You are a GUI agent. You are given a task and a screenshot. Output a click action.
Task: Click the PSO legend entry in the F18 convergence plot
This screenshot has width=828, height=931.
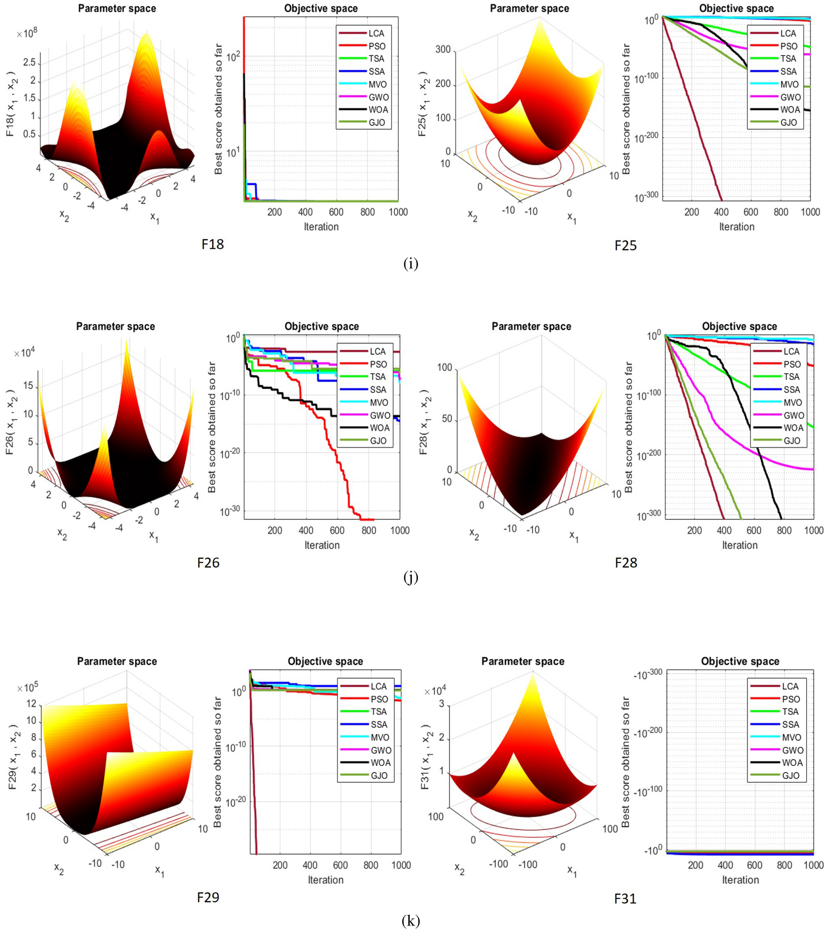click(x=377, y=46)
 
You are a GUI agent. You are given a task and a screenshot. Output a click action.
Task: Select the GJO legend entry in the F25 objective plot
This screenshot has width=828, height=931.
click(x=788, y=123)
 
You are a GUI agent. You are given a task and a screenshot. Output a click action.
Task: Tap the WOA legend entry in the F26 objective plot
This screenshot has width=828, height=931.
click(x=379, y=428)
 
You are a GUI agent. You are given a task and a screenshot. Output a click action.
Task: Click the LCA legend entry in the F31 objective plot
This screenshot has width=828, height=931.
click(x=790, y=686)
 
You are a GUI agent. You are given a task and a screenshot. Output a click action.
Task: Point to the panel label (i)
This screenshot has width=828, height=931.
click(x=410, y=264)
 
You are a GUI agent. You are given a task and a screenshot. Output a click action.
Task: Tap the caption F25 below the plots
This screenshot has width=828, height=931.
click(x=625, y=246)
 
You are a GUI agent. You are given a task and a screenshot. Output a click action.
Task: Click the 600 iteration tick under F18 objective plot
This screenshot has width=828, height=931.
click(x=336, y=212)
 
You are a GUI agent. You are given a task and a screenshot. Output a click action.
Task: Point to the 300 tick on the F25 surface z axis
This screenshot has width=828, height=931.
click(x=443, y=49)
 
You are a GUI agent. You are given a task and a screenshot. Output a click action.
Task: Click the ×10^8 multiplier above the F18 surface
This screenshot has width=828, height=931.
click(x=27, y=34)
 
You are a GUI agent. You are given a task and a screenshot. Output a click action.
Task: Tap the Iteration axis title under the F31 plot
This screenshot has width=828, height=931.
click(x=740, y=879)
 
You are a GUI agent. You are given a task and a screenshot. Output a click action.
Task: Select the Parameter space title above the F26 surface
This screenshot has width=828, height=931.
click(x=115, y=326)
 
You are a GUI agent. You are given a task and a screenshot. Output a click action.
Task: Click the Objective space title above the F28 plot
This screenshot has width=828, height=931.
click(x=739, y=326)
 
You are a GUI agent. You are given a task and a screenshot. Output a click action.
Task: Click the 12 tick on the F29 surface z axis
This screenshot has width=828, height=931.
click(x=31, y=703)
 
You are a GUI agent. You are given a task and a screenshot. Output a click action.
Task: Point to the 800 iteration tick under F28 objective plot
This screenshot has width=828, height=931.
click(x=784, y=530)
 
